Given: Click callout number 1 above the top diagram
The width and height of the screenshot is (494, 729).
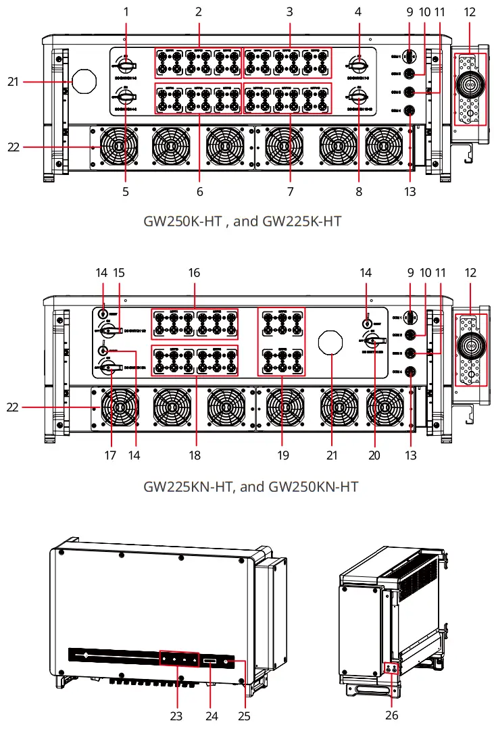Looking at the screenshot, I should pyautogui.click(x=126, y=11).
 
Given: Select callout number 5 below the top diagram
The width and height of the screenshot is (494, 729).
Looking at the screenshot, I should pyautogui.click(x=126, y=192).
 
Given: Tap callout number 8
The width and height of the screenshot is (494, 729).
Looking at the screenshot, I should pyautogui.click(x=359, y=192).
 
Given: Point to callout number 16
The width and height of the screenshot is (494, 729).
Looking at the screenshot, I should pyautogui.click(x=195, y=273).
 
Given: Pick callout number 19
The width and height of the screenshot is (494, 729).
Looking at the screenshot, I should pyautogui.click(x=283, y=455).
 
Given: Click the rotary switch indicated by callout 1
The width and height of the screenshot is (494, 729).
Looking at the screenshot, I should pyautogui.click(x=126, y=66).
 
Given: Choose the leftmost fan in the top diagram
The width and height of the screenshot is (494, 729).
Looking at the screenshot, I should pyautogui.click(x=118, y=146).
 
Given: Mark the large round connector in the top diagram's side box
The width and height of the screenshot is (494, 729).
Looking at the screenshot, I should pyautogui.click(x=468, y=87).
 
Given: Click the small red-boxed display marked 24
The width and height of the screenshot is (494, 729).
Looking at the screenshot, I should pyautogui.click(x=209, y=659).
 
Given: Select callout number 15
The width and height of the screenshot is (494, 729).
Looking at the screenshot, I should pyautogui.click(x=120, y=273).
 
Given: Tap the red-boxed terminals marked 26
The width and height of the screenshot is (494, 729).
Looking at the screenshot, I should pyautogui.click(x=391, y=668).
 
